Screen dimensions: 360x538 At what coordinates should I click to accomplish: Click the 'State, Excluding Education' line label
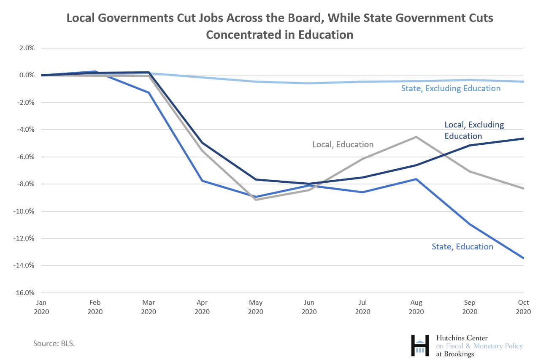[x=451, y=89]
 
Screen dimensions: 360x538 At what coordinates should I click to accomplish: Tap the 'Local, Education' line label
[x=343, y=145]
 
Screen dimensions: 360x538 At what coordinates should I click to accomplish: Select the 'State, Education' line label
[x=462, y=247]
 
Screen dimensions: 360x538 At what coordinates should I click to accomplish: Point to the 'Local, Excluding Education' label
[x=474, y=130]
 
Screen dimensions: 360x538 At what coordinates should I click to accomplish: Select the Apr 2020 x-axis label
[x=202, y=307]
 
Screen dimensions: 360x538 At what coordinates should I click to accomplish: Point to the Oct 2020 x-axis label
[x=523, y=307]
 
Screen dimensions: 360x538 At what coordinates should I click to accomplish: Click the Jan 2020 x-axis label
[x=41, y=307]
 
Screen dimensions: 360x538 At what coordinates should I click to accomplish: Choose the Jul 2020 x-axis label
[x=363, y=307]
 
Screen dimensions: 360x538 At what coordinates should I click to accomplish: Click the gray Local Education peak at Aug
[x=416, y=137]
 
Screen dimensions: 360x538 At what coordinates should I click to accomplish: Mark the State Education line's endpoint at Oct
[x=523, y=258]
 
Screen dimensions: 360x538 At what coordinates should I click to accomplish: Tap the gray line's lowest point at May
[x=256, y=199]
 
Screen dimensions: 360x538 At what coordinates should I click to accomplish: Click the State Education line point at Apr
[x=202, y=181]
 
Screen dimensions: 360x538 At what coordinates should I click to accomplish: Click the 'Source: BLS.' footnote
[x=54, y=344]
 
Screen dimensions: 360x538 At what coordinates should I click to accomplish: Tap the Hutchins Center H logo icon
[x=420, y=345]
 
